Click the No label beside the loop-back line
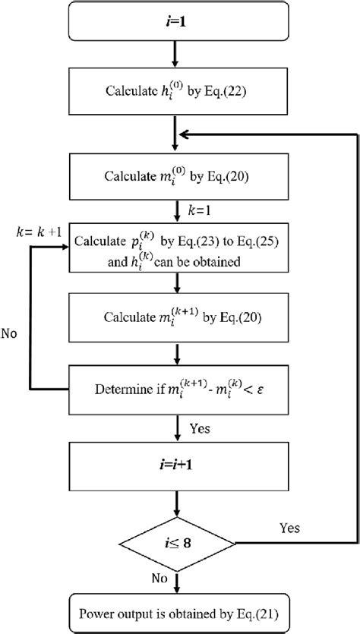click(11, 332)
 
